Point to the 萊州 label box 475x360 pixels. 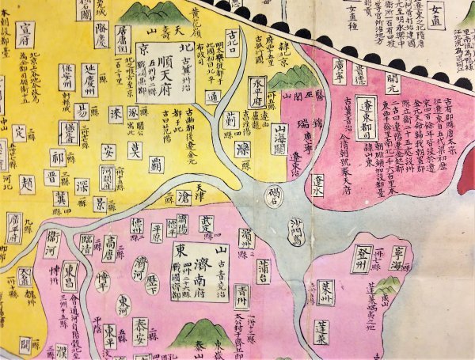point(327,288)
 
